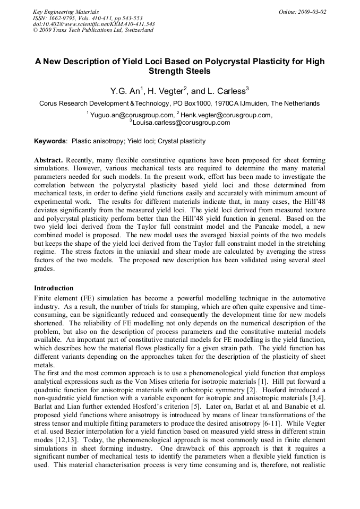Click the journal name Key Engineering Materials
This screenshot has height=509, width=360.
[65, 12]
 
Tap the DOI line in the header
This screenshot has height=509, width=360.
[93, 24]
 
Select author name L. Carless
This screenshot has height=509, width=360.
[226, 91]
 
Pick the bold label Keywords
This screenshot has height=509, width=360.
[50, 142]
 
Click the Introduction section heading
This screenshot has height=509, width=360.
[54, 288]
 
